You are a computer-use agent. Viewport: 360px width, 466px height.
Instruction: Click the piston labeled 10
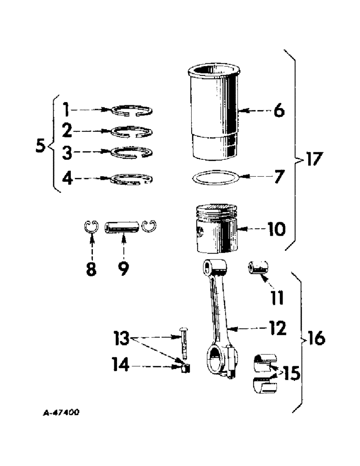pos(216,228)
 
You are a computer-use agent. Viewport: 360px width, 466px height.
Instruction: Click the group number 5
pos(41,146)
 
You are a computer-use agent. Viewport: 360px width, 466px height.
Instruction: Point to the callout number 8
pos(91,269)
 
